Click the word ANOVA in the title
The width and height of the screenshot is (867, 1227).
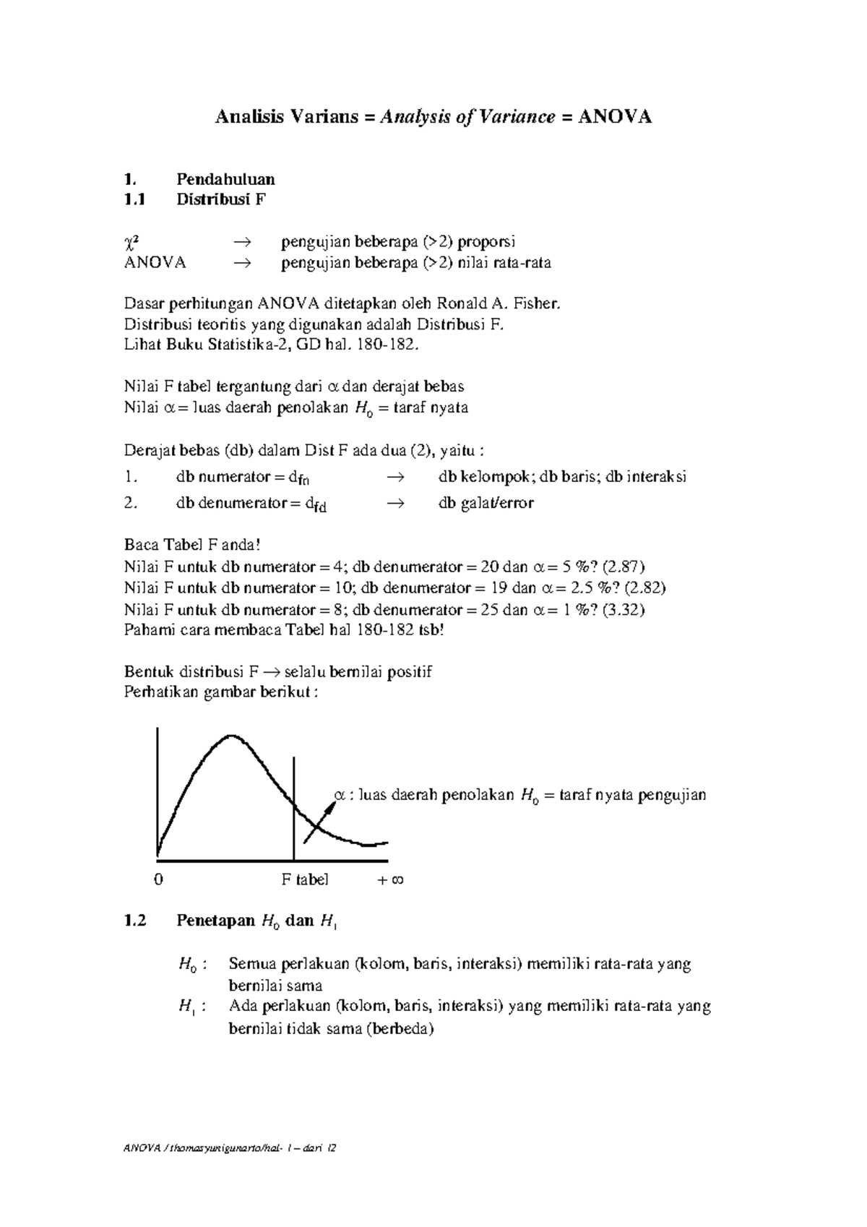pos(615,117)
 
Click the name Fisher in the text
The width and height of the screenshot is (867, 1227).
pos(538,304)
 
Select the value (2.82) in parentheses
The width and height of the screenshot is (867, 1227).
pos(645,587)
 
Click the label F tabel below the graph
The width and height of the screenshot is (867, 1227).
pos(304,879)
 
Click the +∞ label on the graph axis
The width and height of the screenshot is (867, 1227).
pos(391,879)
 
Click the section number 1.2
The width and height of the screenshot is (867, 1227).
pos(135,921)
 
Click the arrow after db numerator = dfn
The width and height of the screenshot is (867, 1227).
pos(394,477)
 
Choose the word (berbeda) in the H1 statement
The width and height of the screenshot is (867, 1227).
pos(400,1028)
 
